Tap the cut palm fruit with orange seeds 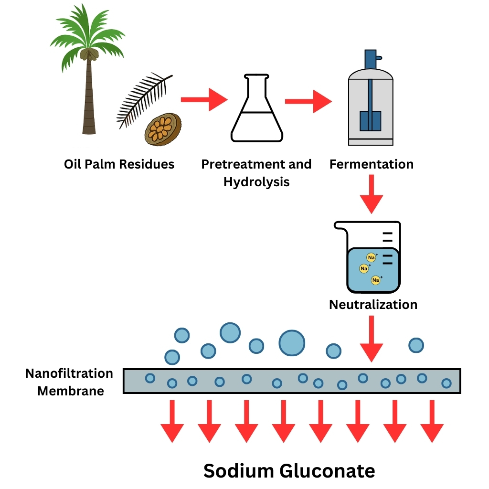[x=162, y=129]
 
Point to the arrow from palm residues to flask [x=203, y=100]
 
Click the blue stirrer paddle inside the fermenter [x=370, y=119]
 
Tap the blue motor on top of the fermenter [x=371, y=60]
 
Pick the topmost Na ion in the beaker [x=371, y=258]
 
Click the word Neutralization [x=373, y=305]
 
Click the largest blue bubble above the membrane [x=292, y=342]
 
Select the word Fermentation [x=371, y=165]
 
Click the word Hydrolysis [x=256, y=182]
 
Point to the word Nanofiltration [x=69, y=373]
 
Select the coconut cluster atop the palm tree [x=88, y=53]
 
